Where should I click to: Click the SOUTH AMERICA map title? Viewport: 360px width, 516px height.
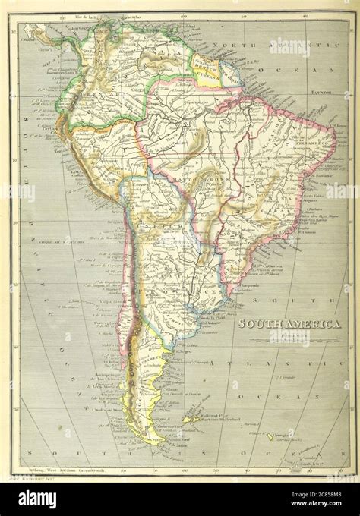pos(289,323)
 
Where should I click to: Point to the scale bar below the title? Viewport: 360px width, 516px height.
pos(289,334)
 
